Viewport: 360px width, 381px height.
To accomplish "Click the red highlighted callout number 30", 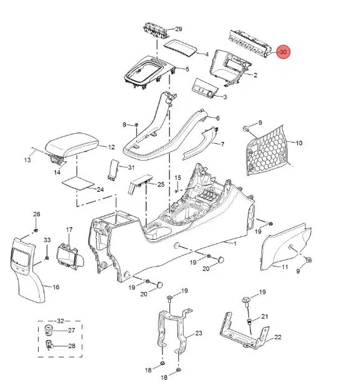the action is [283, 52].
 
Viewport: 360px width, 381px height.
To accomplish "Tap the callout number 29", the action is [179, 29].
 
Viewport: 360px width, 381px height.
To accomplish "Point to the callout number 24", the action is [100, 189].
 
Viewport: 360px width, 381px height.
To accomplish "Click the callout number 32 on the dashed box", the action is [60, 321].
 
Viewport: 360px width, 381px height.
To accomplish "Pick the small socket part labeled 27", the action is [49, 330].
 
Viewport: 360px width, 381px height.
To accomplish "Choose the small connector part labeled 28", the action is [49, 345].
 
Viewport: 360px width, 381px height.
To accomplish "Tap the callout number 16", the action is [56, 287].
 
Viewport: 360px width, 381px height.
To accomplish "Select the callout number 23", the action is [199, 333].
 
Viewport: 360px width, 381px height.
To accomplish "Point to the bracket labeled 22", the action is [244, 331].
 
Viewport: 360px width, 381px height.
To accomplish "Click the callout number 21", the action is [265, 316].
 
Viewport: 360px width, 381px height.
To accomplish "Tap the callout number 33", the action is [47, 240].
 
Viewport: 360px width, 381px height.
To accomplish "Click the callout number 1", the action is [235, 243].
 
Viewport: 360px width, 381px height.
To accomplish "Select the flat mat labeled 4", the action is [180, 48].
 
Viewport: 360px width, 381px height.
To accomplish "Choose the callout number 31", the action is [131, 167].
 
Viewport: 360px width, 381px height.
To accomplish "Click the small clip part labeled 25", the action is [140, 184].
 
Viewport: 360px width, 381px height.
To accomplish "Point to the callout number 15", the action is [178, 177].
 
